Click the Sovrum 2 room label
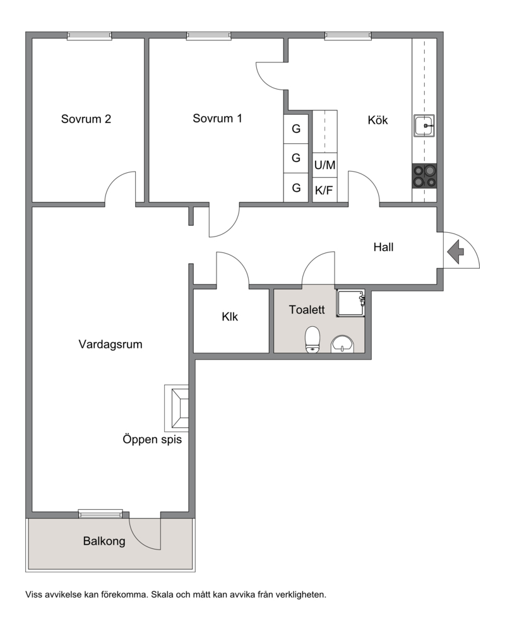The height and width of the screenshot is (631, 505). click(86, 119)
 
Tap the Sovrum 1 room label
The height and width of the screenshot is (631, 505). click(217, 119)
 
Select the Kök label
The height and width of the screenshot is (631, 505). click(377, 120)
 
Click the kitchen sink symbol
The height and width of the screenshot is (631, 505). click(424, 126)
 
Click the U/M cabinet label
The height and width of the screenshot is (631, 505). click(324, 165)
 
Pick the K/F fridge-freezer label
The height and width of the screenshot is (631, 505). click(324, 190)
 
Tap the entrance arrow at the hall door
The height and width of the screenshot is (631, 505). click(455, 252)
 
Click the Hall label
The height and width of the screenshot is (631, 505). click(383, 247)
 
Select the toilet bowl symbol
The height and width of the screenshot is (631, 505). click(312, 339)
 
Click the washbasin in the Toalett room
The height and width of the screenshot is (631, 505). click(342, 344)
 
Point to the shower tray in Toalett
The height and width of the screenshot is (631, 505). click(350, 303)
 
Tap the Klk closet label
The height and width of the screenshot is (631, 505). click(230, 317)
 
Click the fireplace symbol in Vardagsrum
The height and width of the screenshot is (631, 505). click(176, 408)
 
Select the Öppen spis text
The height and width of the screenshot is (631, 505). click(152, 439)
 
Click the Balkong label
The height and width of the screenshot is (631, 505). click(104, 541)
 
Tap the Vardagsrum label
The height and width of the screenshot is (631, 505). click(110, 345)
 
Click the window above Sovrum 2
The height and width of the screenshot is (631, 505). click(90, 36)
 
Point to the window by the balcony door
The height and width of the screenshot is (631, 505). click(100, 514)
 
